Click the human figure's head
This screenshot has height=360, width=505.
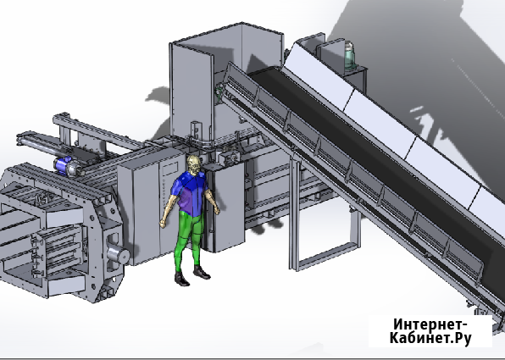tap(195, 165)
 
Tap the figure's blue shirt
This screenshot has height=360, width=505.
tap(190, 193)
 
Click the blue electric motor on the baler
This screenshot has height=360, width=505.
tap(63, 165)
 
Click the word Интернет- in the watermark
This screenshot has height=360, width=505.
tap(430, 324)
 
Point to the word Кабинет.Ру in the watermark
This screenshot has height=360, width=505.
tap(430, 338)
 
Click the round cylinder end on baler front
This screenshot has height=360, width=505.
tap(119, 254)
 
